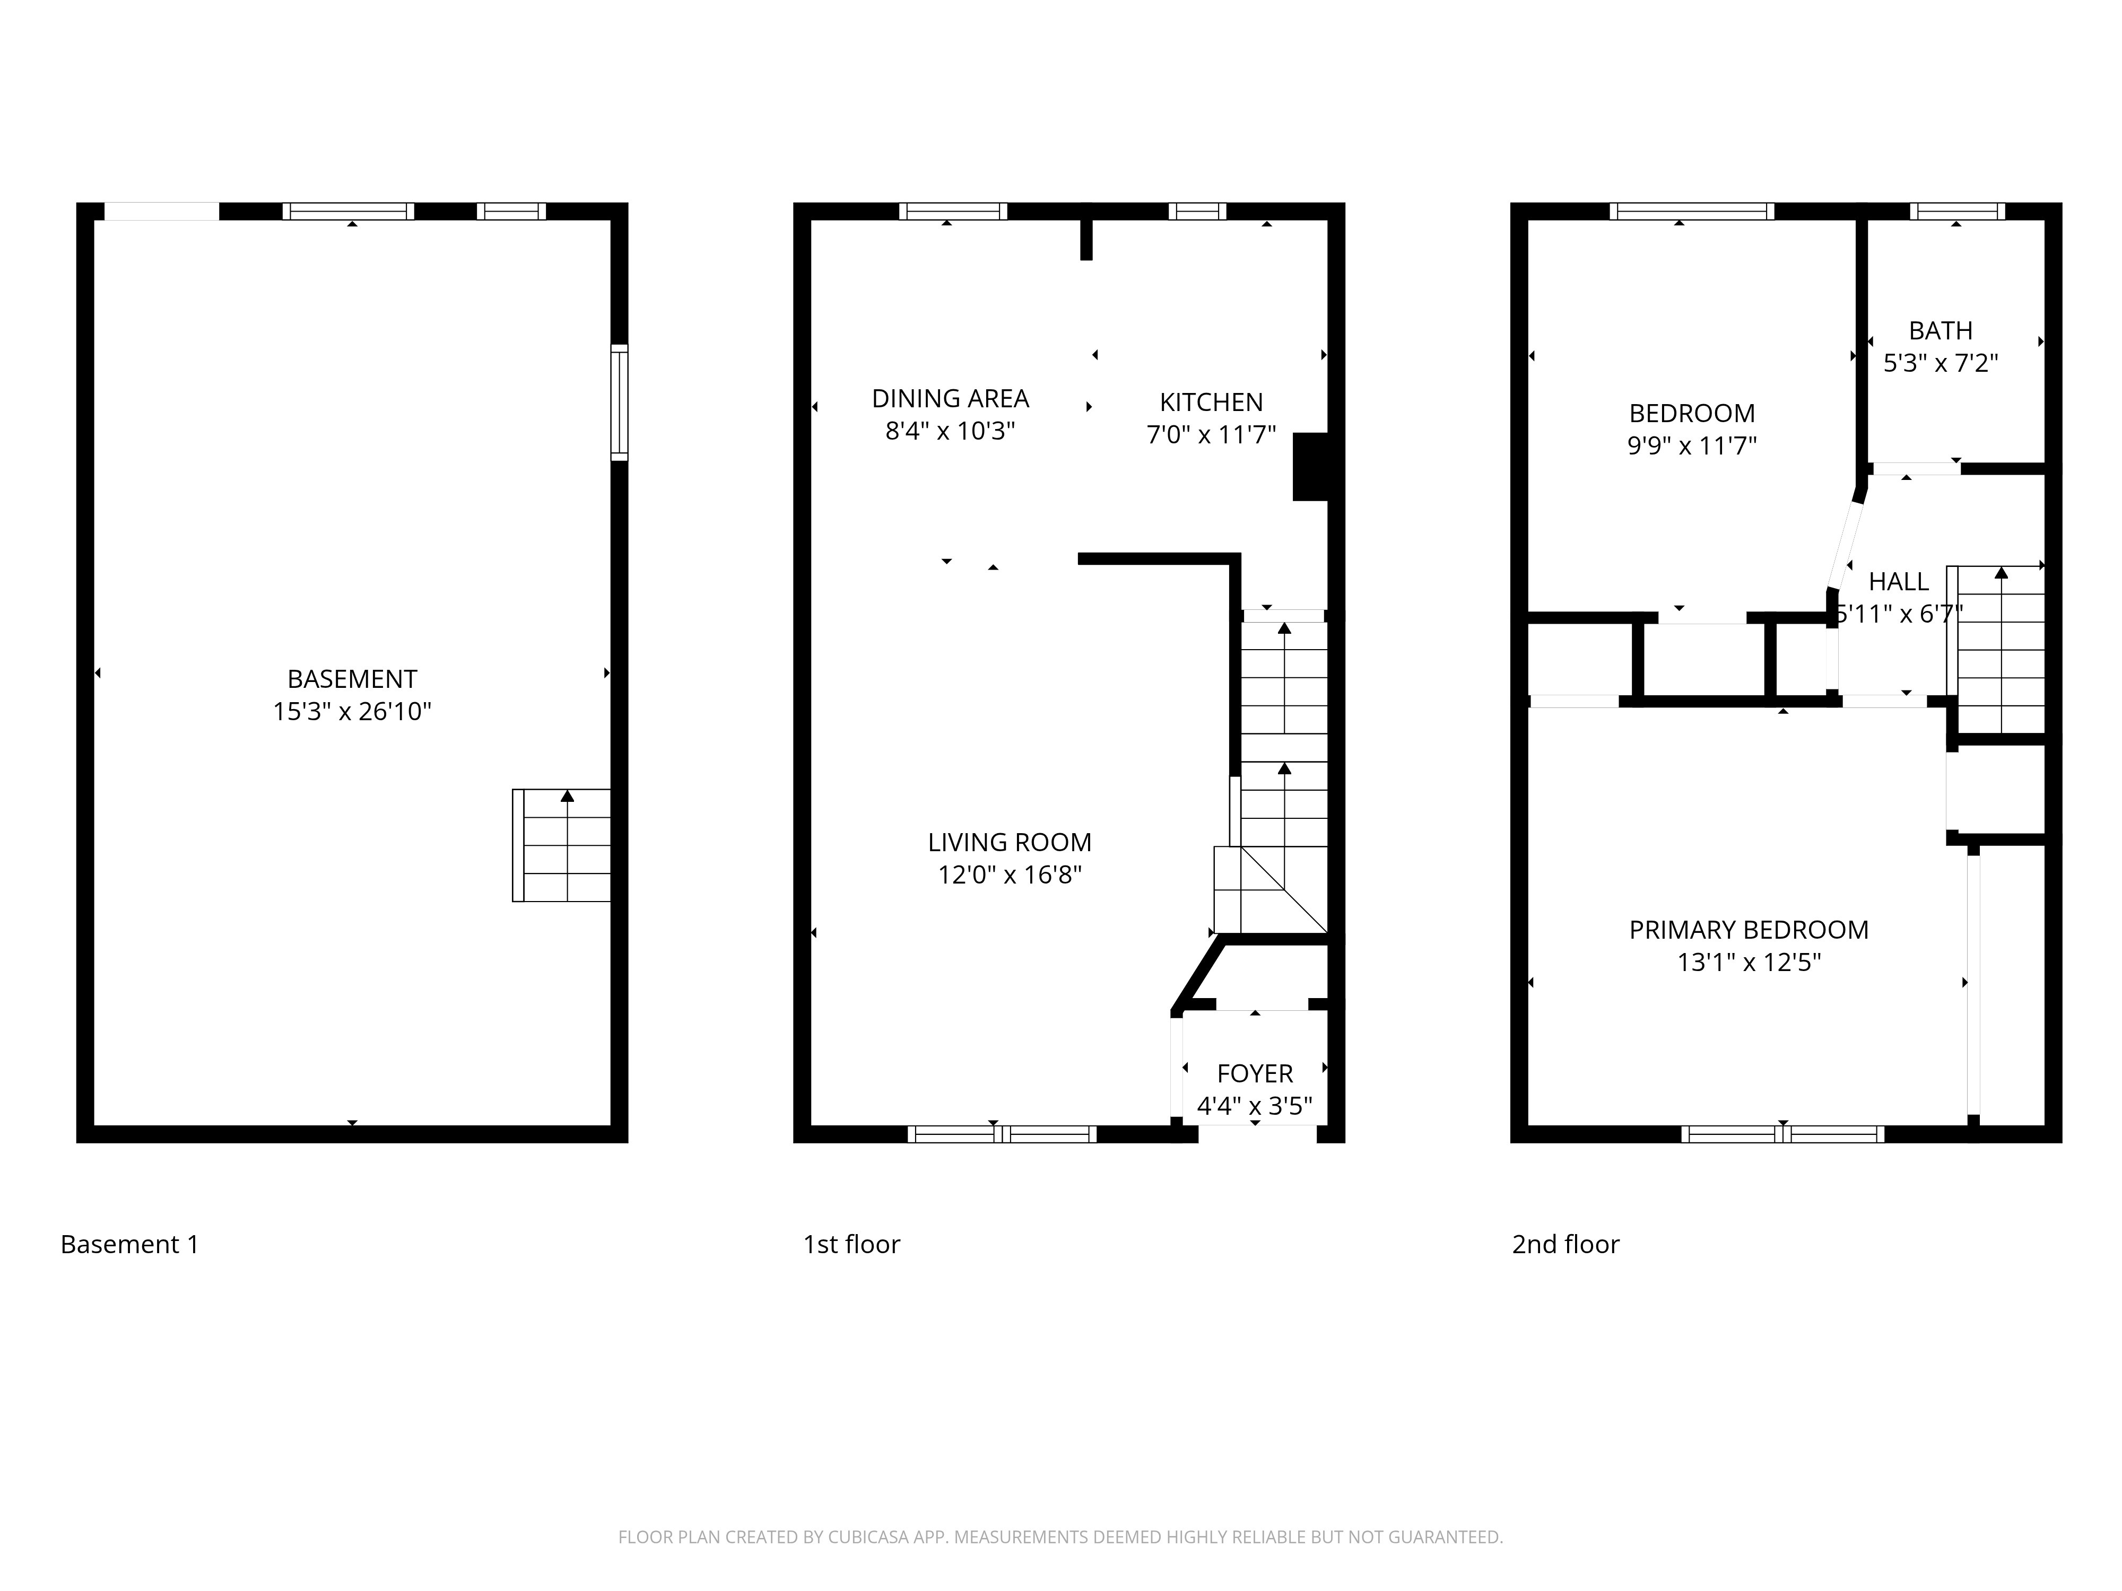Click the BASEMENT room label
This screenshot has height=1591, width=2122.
352,679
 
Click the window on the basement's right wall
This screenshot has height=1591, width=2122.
620,403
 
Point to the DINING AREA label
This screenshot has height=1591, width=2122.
950,398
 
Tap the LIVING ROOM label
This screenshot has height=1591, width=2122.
1009,842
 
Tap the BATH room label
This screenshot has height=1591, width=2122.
1940,331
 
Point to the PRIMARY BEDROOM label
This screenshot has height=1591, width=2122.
1748,929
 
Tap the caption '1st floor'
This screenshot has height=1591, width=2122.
851,1245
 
